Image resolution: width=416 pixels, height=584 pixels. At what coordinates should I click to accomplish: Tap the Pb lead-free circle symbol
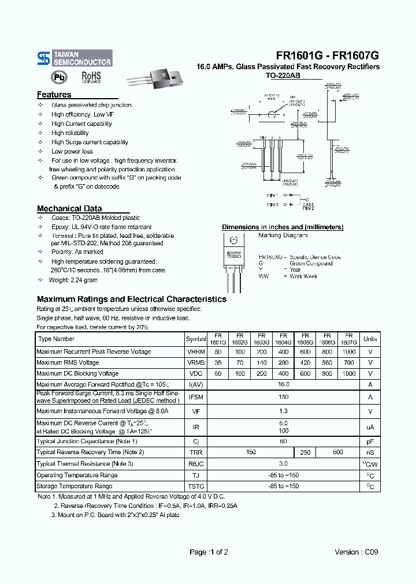pos(59,77)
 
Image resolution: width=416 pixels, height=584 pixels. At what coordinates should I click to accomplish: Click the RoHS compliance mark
pos(91,77)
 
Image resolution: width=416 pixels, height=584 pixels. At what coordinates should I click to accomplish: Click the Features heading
pos(54,95)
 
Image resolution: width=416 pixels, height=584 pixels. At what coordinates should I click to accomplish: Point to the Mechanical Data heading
pos(69,208)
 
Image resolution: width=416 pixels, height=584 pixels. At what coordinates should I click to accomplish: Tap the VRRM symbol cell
pos(196,351)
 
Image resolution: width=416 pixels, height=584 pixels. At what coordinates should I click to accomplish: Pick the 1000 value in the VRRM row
pos(348,351)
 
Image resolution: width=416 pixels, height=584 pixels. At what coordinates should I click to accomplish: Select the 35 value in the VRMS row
pos(218,362)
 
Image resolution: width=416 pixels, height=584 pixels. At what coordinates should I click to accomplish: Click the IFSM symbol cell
pos(196,397)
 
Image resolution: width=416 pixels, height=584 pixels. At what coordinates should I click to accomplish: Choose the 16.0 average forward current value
pos(283,384)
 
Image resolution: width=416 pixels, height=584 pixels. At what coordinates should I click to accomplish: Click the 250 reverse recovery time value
pos(305,452)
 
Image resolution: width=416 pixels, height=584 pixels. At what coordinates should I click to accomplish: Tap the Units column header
pos(370,339)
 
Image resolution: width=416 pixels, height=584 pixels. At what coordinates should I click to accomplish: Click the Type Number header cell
pos(56,339)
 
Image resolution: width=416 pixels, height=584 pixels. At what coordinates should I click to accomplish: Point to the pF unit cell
pos(370,441)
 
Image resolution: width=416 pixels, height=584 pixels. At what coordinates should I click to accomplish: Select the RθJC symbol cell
pos(196,463)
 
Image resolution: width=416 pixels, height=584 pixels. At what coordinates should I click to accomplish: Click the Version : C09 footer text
pos(356,552)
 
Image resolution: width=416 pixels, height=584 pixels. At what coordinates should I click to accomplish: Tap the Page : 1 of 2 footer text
pos(209,552)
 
